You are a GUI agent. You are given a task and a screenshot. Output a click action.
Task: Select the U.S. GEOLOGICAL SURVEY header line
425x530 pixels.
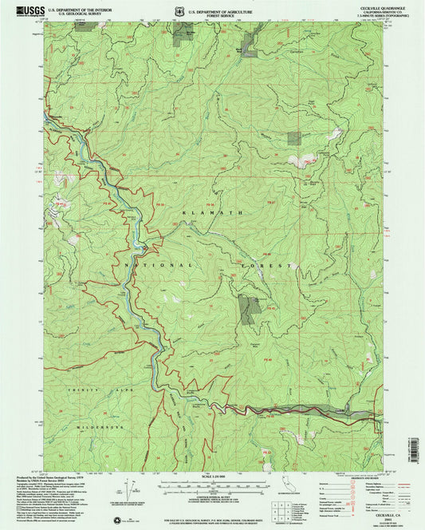click(x=73, y=14)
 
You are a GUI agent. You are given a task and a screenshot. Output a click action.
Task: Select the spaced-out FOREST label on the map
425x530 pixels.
click(x=264, y=264)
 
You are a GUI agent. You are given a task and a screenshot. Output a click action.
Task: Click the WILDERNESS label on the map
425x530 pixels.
click(x=106, y=429)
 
